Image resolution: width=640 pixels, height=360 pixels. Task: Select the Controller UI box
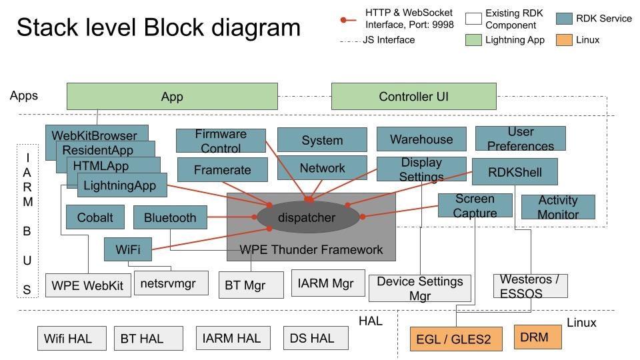(x=413, y=97)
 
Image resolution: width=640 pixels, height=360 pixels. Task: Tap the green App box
(x=172, y=97)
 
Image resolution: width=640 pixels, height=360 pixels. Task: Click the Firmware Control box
(x=221, y=141)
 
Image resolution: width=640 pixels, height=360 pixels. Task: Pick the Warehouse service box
(x=421, y=139)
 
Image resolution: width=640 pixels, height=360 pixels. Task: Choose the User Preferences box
(x=521, y=139)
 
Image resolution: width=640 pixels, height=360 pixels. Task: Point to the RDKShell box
(x=514, y=173)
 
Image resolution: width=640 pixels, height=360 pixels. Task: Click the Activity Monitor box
(x=558, y=207)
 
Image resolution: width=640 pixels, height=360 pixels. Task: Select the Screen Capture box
(x=475, y=205)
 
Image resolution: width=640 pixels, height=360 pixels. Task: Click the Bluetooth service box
(x=170, y=217)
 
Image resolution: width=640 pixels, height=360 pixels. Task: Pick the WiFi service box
(x=127, y=249)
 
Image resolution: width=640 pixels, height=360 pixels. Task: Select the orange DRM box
(x=538, y=337)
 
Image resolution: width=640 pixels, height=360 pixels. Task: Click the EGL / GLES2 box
(x=453, y=339)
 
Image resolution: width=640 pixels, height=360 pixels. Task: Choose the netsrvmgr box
(x=171, y=283)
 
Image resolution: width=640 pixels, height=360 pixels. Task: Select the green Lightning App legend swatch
(x=473, y=40)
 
